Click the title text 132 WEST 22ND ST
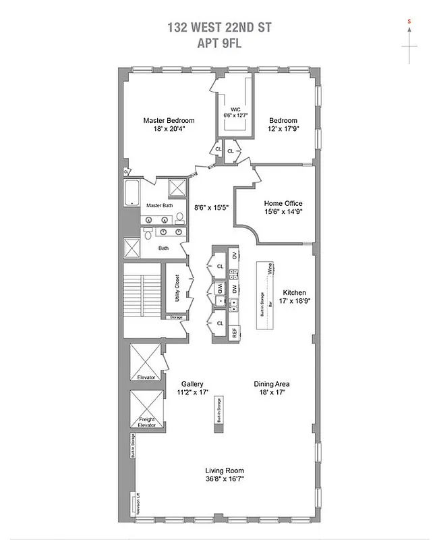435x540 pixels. (217, 28)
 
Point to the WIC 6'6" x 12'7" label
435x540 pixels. (235, 112)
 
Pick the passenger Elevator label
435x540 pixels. (146, 377)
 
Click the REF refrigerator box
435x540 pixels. (234, 331)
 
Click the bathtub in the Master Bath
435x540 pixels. (132, 195)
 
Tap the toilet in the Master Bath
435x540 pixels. (179, 218)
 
